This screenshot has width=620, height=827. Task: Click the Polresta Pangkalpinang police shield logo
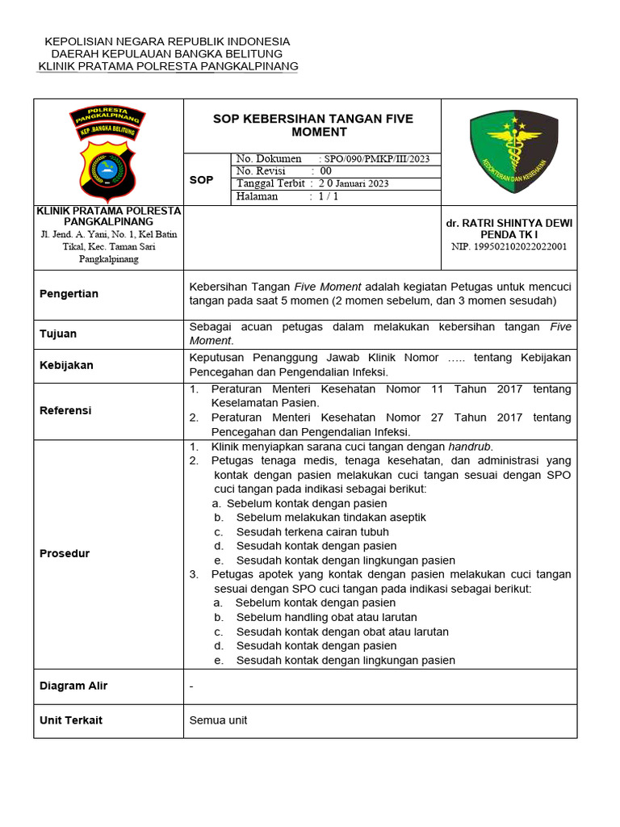click(108, 153)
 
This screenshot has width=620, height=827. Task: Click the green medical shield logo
click(513, 151)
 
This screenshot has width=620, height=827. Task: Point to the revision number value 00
click(326, 171)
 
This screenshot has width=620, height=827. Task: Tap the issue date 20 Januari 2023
click(354, 183)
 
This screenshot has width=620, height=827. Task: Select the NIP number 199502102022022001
click(509, 246)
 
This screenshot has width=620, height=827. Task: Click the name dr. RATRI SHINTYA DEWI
click(509, 222)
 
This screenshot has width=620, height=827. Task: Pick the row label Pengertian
click(69, 294)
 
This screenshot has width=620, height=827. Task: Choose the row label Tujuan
click(58, 334)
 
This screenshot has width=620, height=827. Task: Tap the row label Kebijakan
click(66, 365)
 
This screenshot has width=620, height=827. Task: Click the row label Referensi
click(65, 410)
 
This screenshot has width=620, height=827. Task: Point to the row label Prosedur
click(65, 553)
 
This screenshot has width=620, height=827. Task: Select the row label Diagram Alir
click(73, 686)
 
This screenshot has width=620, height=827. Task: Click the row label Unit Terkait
click(71, 720)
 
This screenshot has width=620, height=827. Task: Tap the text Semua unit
click(218, 720)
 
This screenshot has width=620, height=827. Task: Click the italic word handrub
click(470, 447)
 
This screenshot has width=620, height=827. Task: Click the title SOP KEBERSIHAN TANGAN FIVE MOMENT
click(312, 125)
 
